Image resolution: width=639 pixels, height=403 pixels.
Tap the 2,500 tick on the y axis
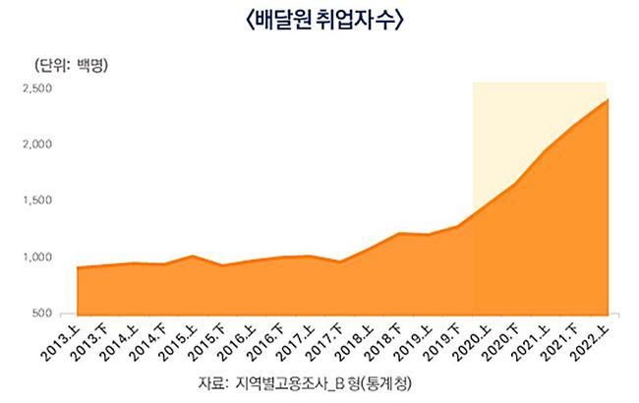click(x=37, y=88)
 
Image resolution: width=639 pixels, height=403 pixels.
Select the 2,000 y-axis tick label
click(x=37, y=144)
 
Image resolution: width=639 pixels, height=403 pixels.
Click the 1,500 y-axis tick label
click(x=37, y=201)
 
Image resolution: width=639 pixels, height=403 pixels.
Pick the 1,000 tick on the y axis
click(x=37, y=257)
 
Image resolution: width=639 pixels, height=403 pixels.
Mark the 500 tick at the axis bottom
click(x=41, y=313)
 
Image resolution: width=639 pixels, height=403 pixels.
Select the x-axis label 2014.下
click(x=150, y=342)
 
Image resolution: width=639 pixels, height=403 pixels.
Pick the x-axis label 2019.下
click(x=445, y=342)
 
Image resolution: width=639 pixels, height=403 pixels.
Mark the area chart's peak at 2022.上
click(x=607, y=99)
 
